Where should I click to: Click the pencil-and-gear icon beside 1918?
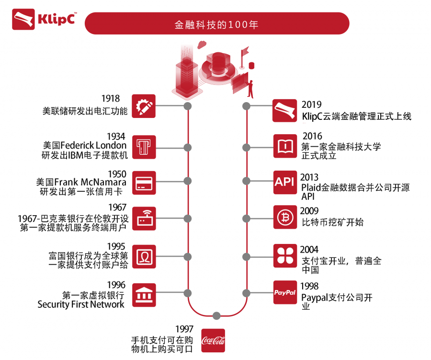point(144,106)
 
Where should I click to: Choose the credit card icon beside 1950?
point(144,182)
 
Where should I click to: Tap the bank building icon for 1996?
point(144,293)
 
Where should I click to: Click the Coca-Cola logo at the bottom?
point(213,340)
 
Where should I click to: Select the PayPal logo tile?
point(285,292)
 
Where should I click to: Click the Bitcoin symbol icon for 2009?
point(285,217)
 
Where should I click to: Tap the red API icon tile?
point(285,182)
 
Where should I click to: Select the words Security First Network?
point(81,304)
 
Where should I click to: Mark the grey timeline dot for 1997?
point(216,315)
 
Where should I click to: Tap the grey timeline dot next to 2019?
point(247,106)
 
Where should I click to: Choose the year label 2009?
point(309,211)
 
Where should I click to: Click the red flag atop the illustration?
point(246,49)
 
